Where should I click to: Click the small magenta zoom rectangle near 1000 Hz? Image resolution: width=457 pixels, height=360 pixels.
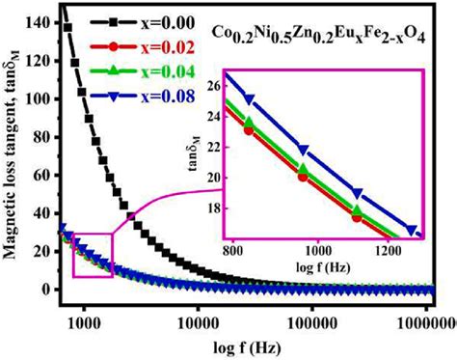(x=94, y=254)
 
